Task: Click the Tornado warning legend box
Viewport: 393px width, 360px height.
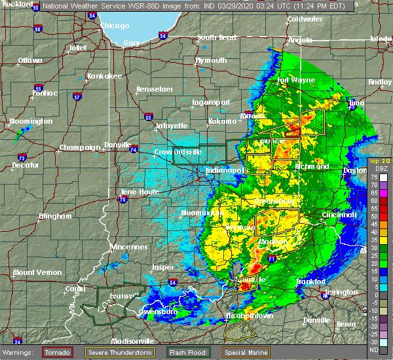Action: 58,352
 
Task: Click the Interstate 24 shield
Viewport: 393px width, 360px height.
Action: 18,341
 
